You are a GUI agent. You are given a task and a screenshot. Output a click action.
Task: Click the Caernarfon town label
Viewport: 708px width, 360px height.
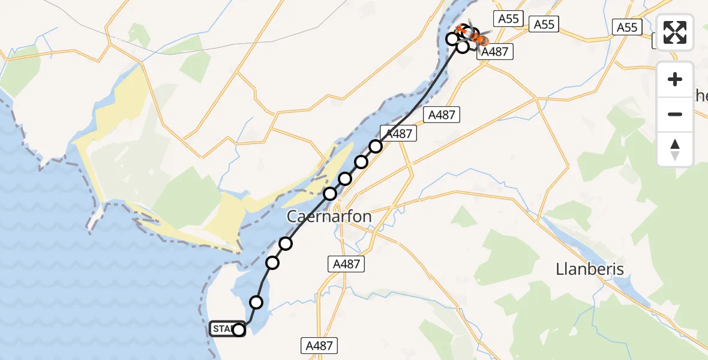pyautogui.click(x=329, y=216)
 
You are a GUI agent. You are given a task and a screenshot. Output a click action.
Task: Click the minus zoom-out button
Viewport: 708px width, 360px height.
pyautogui.click(x=675, y=114)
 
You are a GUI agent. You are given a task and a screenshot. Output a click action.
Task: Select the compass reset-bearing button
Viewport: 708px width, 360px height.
pyautogui.click(x=675, y=149)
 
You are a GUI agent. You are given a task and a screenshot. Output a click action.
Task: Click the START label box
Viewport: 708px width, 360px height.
pyautogui.click(x=223, y=329)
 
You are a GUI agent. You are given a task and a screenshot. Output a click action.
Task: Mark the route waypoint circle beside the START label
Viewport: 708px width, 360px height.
pyautogui.click(x=239, y=329)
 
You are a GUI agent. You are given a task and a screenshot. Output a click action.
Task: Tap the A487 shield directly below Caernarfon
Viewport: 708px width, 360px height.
pyautogui.click(x=346, y=264)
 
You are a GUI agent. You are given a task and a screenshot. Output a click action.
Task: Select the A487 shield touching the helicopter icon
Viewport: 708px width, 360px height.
pyautogui.click(x=495, y=52)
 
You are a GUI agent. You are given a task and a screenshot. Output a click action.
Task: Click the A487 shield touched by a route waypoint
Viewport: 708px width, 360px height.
pyautogui.click(x=398, y=134)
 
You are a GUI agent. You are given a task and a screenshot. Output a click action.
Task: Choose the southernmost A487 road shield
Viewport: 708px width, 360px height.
pyautogui.click(x=319, y=345)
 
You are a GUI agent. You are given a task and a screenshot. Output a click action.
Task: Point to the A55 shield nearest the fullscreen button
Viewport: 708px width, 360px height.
pyautogui.click(x=627, y=27)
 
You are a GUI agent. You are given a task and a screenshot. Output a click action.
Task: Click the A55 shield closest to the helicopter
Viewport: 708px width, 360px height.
pyautogui.click(x=508, y=19)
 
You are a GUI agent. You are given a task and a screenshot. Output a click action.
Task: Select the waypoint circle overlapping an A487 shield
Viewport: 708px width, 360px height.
pyautogui.click(x=376, y=146)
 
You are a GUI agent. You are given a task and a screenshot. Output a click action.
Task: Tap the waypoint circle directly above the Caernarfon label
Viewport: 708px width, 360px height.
pyautogui.click(x=331, y=193)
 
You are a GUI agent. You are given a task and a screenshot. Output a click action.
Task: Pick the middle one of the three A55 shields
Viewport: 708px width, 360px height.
pyautogui.click(x=544, y=24)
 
